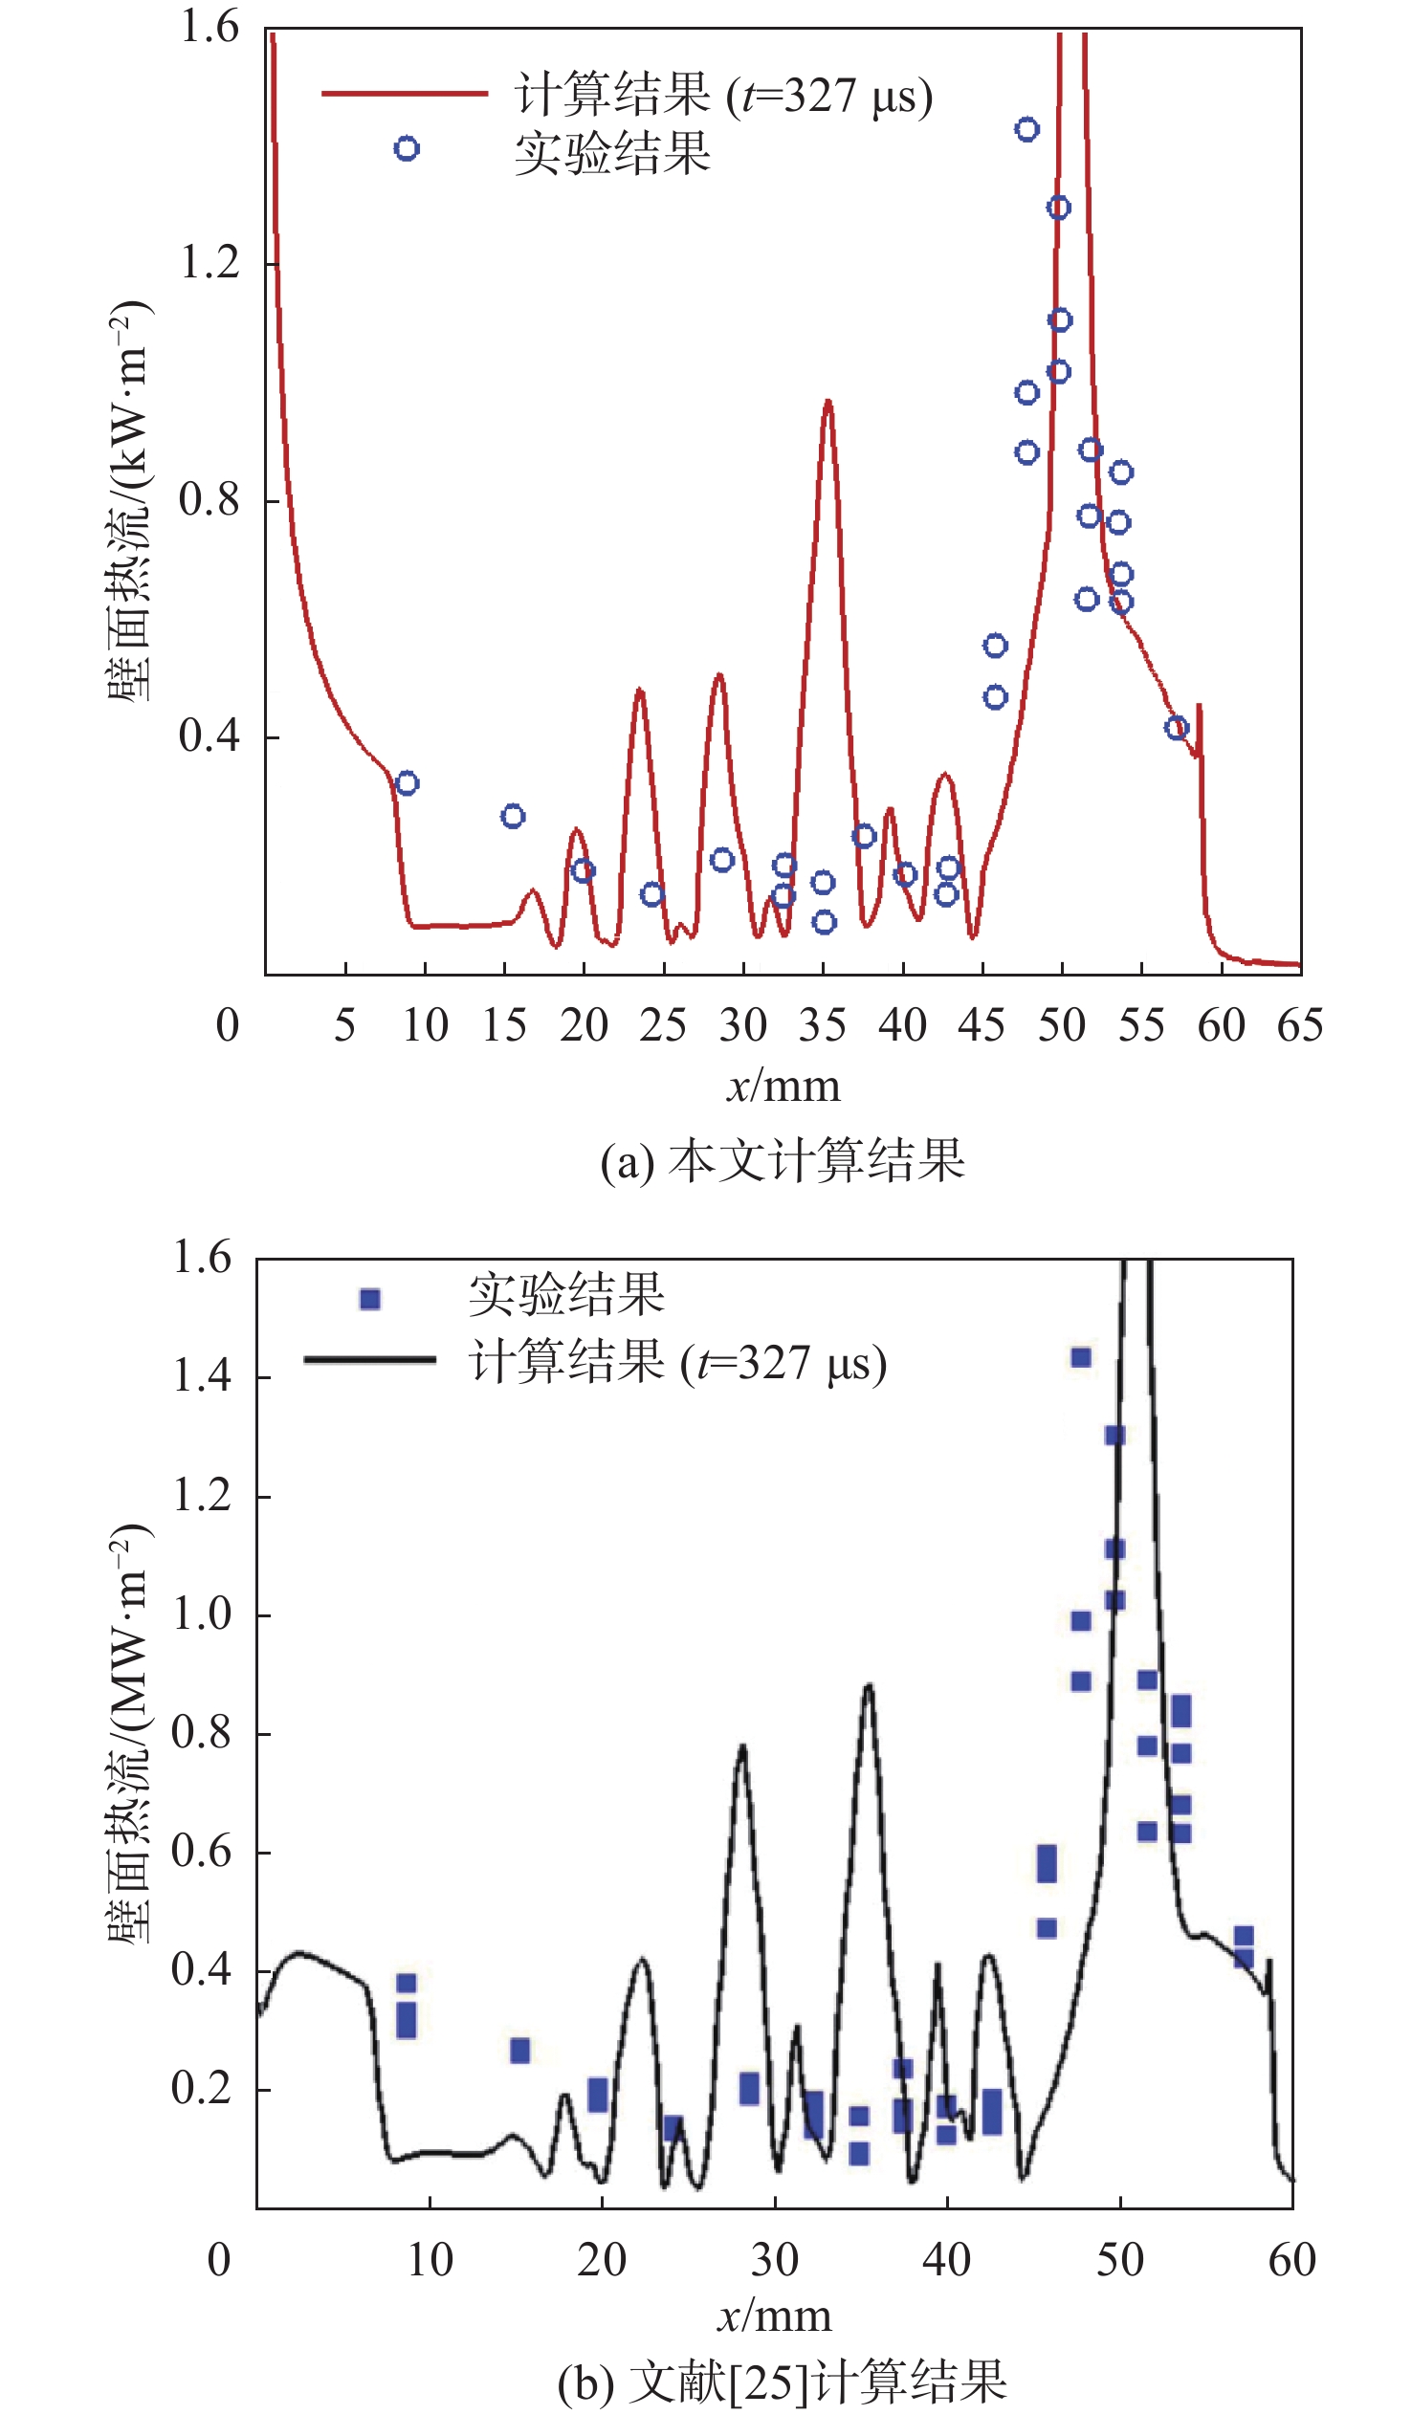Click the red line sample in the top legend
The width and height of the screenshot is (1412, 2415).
click(x=405, y=93)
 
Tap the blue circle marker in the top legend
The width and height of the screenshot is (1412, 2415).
click(x=407, y=148)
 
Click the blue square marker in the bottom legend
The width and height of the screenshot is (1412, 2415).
click(x=370, y=1299)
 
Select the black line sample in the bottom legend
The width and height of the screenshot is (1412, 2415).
click(x=370, y=1359)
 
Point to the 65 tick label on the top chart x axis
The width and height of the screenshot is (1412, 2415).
click(x=1300, y=1026)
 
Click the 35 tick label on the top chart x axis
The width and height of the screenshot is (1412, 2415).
click(x=823, y=1026)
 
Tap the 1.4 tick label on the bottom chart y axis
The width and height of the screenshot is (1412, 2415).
click(x=202, y=1376)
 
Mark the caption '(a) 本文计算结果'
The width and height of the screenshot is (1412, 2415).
click(x=783, y=1161)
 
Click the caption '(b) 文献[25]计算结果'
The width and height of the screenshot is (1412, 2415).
click(x=783, y=2381)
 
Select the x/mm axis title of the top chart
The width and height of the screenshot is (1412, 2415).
click(x=783, y=1087)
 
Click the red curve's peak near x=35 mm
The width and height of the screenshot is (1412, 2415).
click(x=827, y=403)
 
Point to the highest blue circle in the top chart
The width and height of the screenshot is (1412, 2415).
click(x=1026, y=129)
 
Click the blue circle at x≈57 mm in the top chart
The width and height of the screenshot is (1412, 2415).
click(x=1176, y=728)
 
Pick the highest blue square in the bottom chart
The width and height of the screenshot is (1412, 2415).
click(x=1080, y=1357)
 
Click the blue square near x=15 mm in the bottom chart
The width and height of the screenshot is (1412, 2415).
click(x=519, y=2051)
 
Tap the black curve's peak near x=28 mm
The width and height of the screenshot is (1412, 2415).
click(x=742, y=1746)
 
